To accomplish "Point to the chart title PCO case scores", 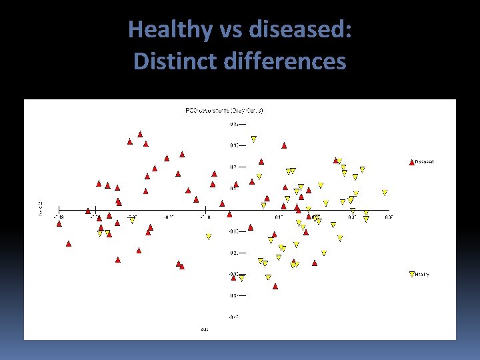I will coord(224,110).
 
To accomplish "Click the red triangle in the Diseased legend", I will coord(411,161).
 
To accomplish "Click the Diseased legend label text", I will coord(425,161).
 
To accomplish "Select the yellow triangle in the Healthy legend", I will coord(411,274).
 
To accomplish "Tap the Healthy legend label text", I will coord(423,274).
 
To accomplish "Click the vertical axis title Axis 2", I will coord(40,207).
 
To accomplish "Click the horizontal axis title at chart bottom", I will coord(205,329).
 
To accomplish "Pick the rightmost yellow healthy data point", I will coord(385,193).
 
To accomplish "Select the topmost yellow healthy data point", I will coord(253,139).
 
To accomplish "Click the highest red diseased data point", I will coord(140,134).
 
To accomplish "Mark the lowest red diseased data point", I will coord(275,286).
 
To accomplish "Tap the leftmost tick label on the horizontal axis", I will coord(60,216).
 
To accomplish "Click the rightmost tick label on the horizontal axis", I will coord(388,216).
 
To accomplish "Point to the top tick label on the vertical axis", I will coord(233,124).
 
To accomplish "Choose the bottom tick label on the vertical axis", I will coord(233,317).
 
